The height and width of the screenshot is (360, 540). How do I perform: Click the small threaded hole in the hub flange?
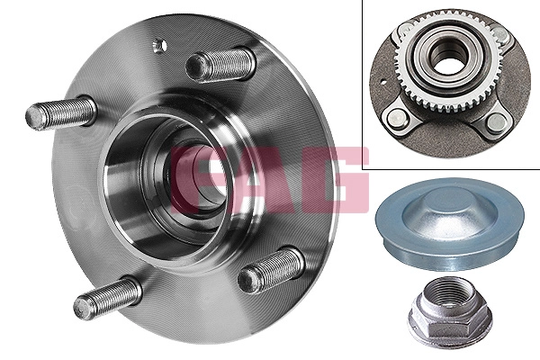point(159,46)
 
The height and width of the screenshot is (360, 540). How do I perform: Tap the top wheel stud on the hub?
point(220,65)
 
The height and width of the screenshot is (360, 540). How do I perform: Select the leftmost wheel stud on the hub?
point(60,112)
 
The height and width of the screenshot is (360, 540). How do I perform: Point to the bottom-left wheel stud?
point(107,298)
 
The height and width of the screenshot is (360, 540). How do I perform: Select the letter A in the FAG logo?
point(262,180)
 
